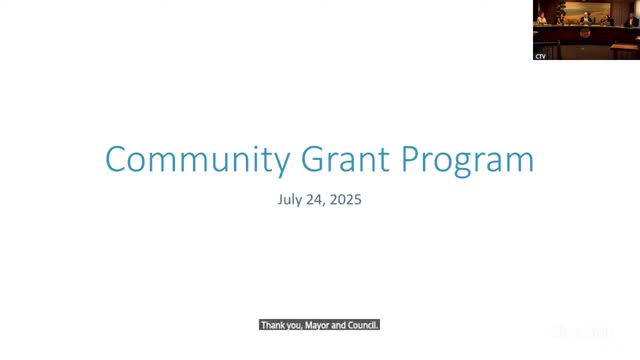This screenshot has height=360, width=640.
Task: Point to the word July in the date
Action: point(290,200)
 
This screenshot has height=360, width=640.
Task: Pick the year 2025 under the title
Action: point(345,200)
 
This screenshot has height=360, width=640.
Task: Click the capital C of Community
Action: point(116,160)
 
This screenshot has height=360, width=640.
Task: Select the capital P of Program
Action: point(415,160)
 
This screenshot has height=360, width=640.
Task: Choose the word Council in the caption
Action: point(361,325)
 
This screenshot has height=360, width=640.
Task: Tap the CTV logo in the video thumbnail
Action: point(540,55)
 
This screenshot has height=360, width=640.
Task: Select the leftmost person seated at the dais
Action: point(541,19)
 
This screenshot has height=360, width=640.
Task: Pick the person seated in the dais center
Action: point(585,18)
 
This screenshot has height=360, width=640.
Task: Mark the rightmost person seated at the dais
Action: point(631,20)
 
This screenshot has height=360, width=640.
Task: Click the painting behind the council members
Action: point(586,8)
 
